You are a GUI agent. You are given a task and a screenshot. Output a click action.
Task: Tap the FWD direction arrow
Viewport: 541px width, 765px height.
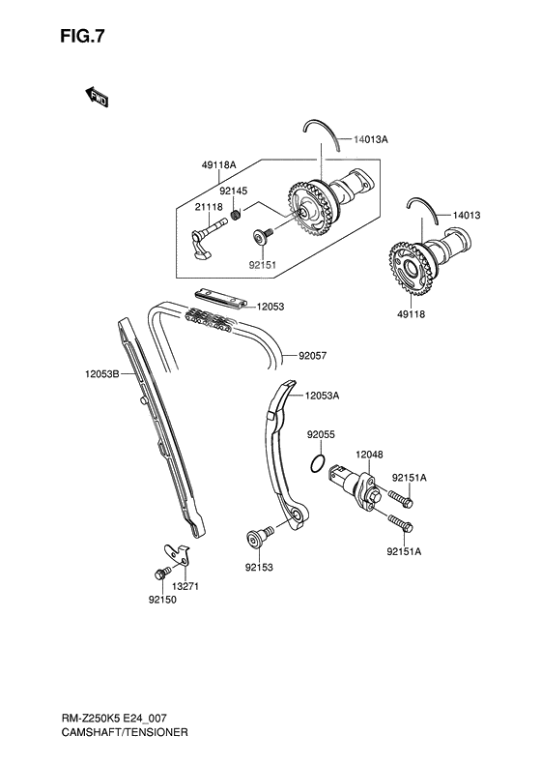tap(97, 97)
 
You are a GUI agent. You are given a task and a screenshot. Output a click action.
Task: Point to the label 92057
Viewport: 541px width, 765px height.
tap(312, 355)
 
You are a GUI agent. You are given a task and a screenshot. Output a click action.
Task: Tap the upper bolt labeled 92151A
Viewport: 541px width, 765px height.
tap(402, 499)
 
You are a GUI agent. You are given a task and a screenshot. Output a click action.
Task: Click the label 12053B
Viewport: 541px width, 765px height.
tap(100, 372)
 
